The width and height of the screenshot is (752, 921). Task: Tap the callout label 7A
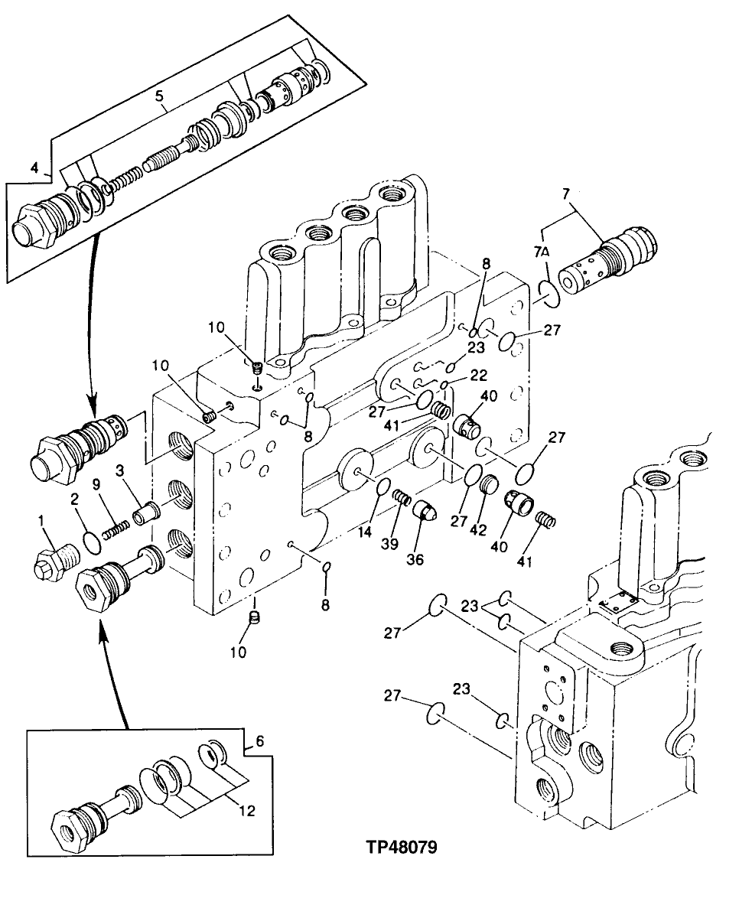tap(542, 252)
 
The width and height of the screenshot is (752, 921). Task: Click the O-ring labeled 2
tap(90, 543)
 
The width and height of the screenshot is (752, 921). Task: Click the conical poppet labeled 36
tap(425, 512)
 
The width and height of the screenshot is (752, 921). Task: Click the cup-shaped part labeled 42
tap(488, 484)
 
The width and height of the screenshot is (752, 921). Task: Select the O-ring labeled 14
tap(383, 487)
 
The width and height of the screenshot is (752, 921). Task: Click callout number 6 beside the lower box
tap(259, 741)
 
